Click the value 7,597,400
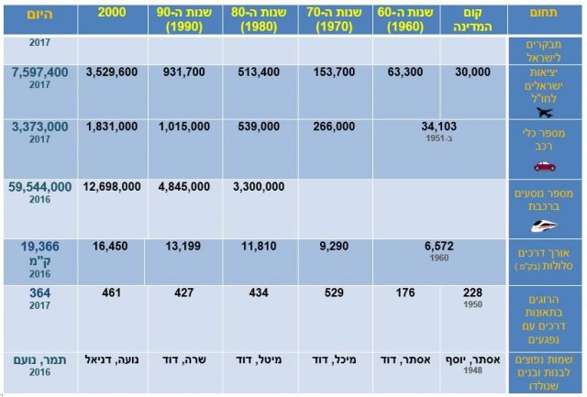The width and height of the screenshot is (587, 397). click(x=39, y=72)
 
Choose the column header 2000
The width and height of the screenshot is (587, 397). click(x=112, y=12)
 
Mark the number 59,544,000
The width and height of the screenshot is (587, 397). click(x=39, y=186)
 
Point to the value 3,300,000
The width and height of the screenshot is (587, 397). click(x=261, y=186)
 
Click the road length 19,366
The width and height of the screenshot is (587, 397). click(x=39, y=247)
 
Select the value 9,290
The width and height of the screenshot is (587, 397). click(x=335, y=247)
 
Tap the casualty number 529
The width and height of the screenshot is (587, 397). click(x=335, y=293)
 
